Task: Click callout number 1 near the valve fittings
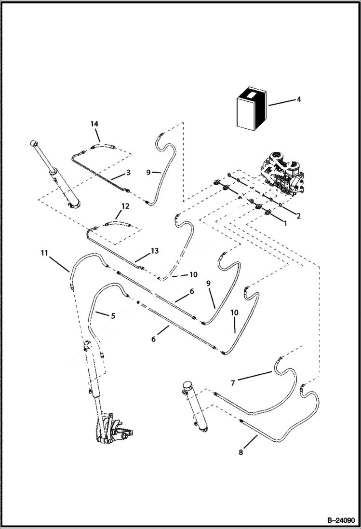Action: (284, 224)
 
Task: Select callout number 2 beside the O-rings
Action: (298, 216)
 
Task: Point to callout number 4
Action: (298, 99)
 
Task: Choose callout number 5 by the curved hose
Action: (113, 316)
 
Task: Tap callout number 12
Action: (125, 206)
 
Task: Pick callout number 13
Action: (154, 251)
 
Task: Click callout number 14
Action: (94, 124)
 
